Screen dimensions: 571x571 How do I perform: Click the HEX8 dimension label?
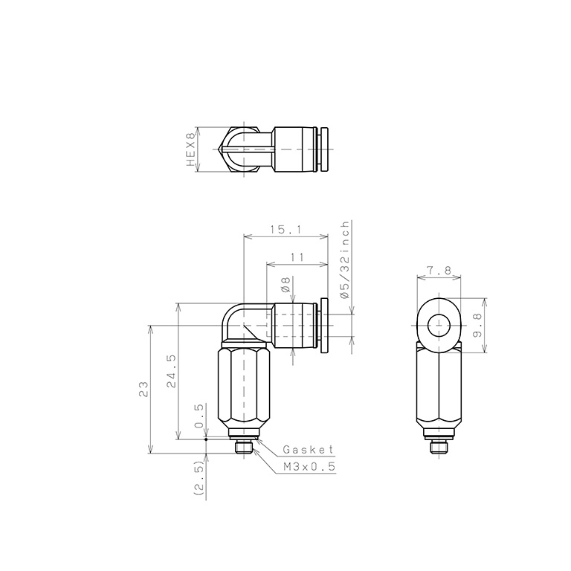(x=190, y=149)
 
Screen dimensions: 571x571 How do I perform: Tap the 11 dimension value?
(x=297, y=257)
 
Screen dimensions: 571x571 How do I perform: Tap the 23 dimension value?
(x=143, y=388)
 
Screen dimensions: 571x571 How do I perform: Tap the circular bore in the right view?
(x=439, y=324)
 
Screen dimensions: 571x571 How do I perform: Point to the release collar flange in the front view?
(x=325, y=325)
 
